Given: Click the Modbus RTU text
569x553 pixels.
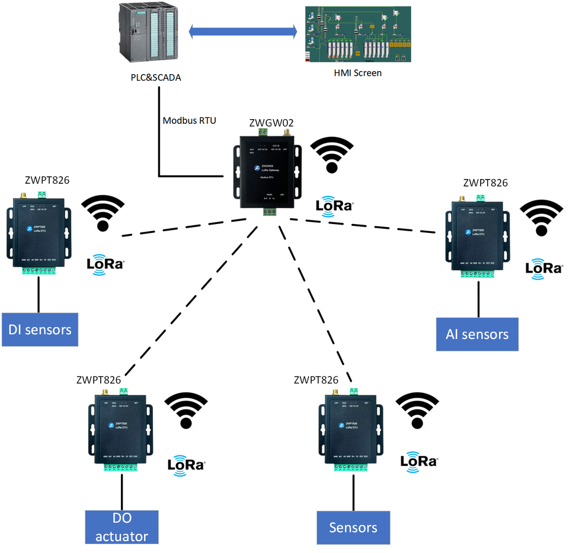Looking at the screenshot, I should pyautogui.click(x=189, y=120).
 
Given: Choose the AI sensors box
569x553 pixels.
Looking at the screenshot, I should pyautogui.click(x=477, y=334).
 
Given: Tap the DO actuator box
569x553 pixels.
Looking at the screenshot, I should pyautogui.click(x=123, y=526).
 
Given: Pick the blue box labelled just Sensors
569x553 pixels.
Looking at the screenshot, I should pyautogui.click(x=353, y=527).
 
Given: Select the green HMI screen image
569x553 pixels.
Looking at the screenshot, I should pyautogui.click(x=357, y=34).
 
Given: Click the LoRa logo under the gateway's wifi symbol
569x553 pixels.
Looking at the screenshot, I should pyautogui.click(x=335, y=205).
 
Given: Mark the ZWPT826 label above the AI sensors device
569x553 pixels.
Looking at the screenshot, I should pyautogui.click(x=485, y=183).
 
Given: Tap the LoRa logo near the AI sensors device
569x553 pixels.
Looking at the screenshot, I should pyautogui.click(x=544, y=267).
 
